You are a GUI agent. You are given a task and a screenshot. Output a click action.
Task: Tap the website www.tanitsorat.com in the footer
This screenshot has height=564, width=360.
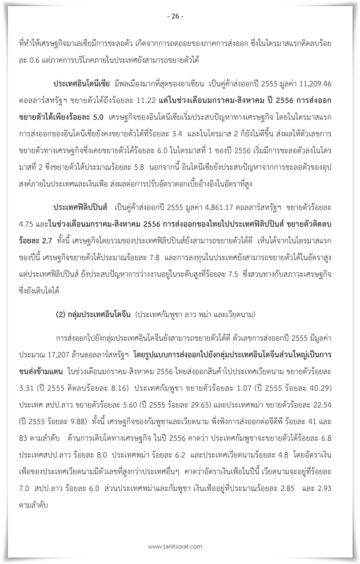(175, 546)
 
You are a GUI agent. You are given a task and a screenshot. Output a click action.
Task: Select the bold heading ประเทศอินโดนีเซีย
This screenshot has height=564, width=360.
(82, 84)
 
